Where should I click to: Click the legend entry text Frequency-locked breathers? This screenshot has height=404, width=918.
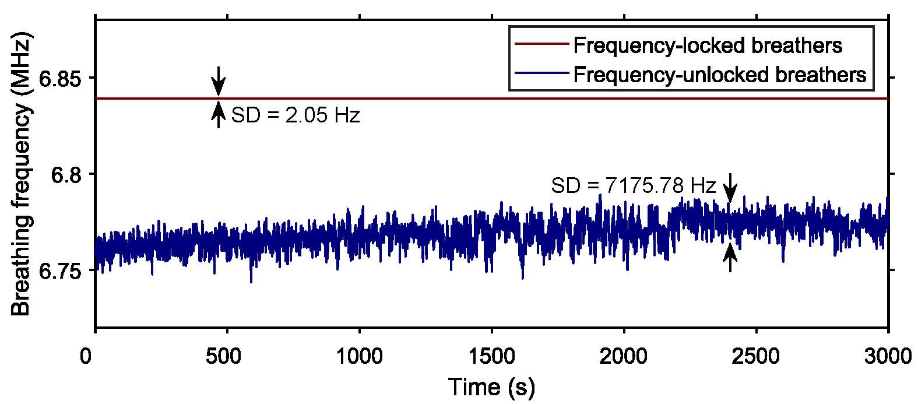[x=708, y=45]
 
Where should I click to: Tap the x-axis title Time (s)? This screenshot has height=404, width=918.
[x=491, y=387]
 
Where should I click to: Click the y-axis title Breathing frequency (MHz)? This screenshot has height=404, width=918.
[x=22, y=175]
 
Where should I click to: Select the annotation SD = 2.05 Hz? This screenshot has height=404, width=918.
[x=296, y=115]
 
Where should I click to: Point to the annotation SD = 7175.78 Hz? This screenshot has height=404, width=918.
[x=633, y=186]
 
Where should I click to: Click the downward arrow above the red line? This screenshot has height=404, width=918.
[x=219, y=81]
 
